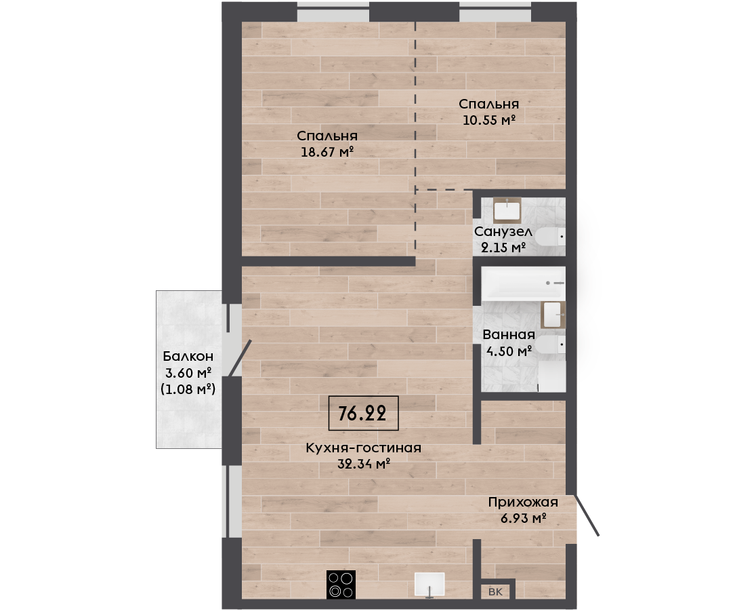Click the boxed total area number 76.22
point(362,413)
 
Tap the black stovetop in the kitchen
point(341,585)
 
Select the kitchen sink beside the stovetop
point(429,585)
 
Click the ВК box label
point(495,592)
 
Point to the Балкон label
point(188,356)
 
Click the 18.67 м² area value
point(327,152)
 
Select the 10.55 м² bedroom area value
point(489,120)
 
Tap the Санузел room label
point(503,232)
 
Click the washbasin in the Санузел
point(507,210)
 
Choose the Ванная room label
point(509,334)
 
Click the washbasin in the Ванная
point(553,315)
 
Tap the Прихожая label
point(523,502)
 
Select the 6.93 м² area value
point(523,519)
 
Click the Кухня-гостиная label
point(364,448)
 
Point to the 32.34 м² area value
point(364,465)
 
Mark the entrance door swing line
point(587,515)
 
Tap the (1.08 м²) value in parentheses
point(188,389)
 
